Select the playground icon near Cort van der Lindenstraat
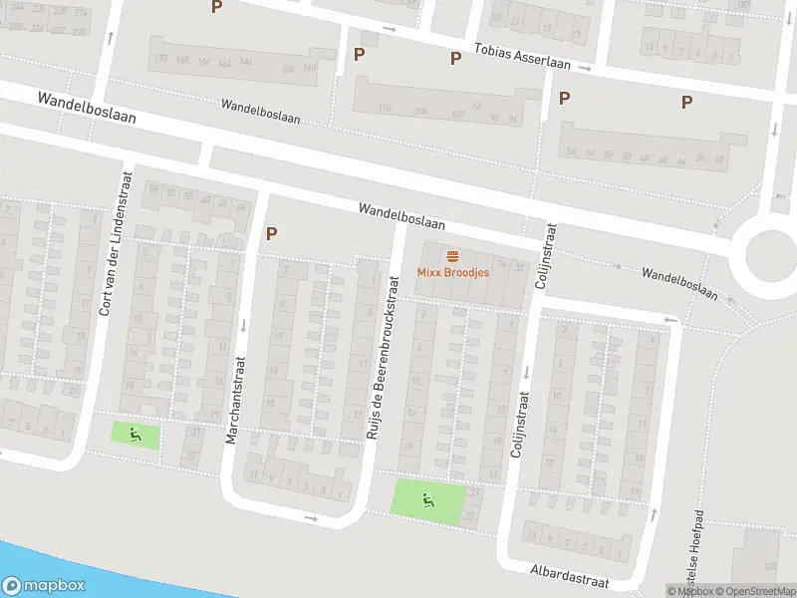point(134,435)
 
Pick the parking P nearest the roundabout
point(686,101)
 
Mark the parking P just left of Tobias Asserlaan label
point(455,58)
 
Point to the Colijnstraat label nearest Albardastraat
point(517,424)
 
